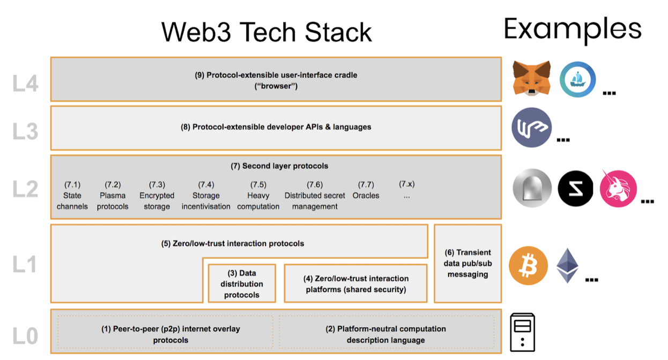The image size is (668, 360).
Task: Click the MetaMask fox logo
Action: click(531, 78)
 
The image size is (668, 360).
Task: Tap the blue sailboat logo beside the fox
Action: click(577, 79)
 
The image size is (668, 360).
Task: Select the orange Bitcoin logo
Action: click(528, 266)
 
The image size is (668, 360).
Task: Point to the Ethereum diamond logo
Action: click(567, 266)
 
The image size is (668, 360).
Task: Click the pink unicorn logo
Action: click(618, 189)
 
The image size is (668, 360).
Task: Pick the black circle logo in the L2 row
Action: click(575, 189)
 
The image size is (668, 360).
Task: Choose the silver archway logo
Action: click(532, 188)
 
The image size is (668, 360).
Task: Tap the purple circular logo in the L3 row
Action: click(531, 127)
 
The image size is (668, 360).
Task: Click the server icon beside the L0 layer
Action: click(523, 332)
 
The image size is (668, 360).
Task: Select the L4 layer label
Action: click(25, 84)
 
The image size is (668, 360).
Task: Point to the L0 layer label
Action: click(25, 336)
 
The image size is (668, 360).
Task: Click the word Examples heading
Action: click(573, 30)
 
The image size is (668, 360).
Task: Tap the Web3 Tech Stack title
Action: click(266, 32)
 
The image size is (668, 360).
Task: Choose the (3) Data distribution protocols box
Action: click(242, 283)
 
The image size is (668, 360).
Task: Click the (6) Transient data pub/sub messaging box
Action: click(468, 264)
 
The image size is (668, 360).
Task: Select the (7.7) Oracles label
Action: click(366, 190)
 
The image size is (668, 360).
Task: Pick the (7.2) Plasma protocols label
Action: click(113, 196)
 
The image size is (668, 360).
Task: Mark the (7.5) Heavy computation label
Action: click(258, 196)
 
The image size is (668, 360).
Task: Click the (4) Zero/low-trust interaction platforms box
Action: click(356, 283)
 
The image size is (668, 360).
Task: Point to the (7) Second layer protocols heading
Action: click(279, 166)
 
